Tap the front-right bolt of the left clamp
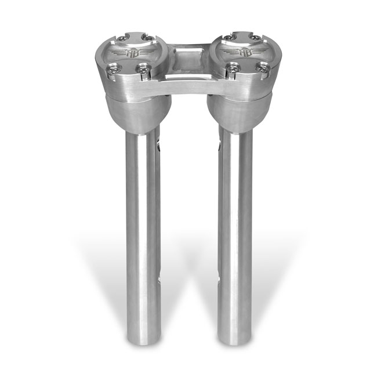[x=142, y=70]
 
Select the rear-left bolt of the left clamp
[x=121, y=39]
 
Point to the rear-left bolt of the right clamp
[x=229, y=38]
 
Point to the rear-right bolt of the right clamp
[x=256, y=38]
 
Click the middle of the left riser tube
[x=141, y=232]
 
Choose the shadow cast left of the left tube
[x=107, y=261]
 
